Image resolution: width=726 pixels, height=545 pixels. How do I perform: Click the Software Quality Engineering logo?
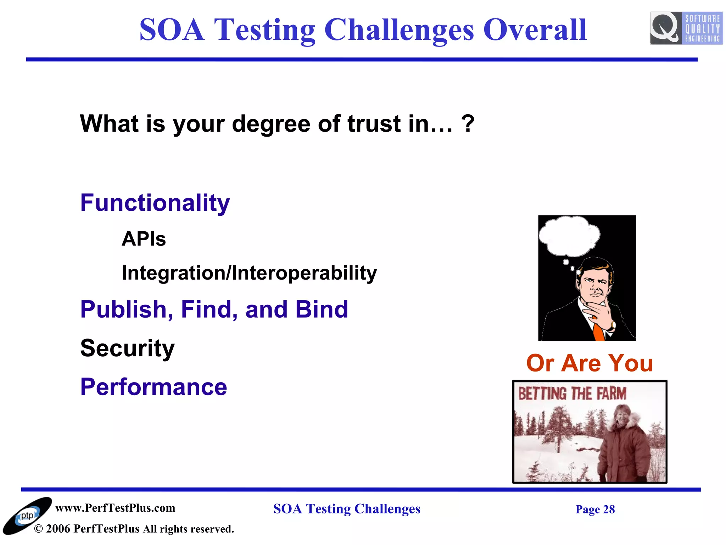point(686,28)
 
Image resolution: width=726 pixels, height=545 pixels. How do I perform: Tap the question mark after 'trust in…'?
point(468,123)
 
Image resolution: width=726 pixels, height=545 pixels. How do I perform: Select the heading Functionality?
point(155,203)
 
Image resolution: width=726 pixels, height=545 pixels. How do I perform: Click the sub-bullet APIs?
point(144,239)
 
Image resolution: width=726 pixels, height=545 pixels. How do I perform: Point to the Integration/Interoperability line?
point(249,273)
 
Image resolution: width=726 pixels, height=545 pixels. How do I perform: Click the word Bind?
point(322,309)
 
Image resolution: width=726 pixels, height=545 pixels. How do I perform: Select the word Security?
point(127,348)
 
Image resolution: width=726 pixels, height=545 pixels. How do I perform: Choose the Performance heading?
point(153,387)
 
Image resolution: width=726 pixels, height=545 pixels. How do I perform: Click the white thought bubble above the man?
point(569,236)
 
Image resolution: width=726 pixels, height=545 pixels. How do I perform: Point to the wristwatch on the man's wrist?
point(613,324)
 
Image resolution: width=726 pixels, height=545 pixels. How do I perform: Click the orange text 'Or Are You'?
point(589,363)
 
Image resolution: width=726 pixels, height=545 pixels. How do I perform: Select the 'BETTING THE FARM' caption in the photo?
point(572,394)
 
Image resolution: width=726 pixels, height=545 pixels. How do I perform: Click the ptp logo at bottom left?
point(27,516)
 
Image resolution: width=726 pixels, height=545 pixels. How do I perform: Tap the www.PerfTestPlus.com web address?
point(115,508)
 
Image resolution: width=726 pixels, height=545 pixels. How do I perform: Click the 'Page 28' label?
point(595,509)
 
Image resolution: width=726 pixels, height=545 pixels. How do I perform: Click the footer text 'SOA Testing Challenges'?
point(346,509)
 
